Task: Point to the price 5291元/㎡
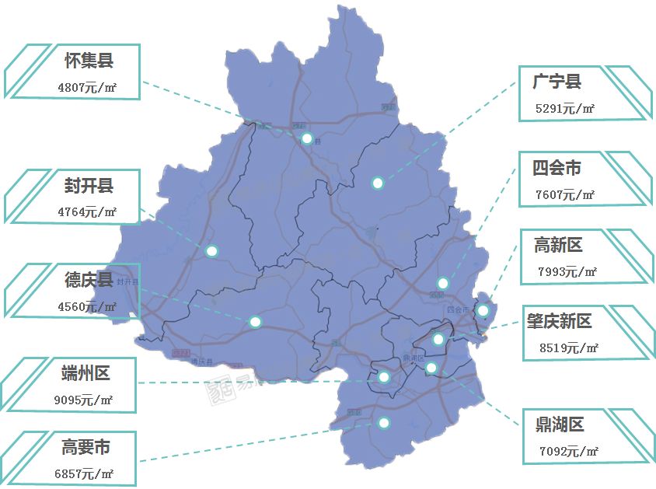tap(565, 109)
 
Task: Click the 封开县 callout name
tap(89, 186)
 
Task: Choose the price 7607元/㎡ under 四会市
tap(565, 195)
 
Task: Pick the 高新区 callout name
tap(558, 246)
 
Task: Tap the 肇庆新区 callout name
tap(558, 321)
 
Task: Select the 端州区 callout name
tap(85, 373)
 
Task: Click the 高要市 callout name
tap(85, 448)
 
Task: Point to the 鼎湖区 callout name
tap(559, 424)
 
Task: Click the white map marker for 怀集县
tap(307, 138)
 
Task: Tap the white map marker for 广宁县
tap(378, 183)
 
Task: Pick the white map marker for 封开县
tap(211, 250)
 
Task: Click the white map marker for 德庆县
tap(255, 321)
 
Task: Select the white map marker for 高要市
tap(383, 423)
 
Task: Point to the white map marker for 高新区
tap(483, 310)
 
